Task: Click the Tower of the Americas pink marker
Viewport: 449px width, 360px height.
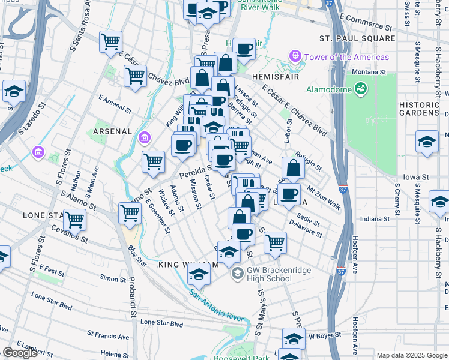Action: (x=295, y=57)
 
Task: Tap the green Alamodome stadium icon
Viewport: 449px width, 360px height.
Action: (x=360, y=90)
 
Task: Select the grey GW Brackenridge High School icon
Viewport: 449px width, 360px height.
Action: (x=238, y=274)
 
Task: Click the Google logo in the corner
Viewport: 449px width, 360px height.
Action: (x=20, y=353)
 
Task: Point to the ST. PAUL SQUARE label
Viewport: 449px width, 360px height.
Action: (x=357, y=38)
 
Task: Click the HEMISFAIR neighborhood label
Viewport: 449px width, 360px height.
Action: (x=274, y=77)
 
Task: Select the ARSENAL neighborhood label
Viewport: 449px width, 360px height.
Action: (x=112, y=131)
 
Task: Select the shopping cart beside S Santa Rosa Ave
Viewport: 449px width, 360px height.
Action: (x=110, y=42)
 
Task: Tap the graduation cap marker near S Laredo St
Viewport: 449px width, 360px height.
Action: (x=13, y=91)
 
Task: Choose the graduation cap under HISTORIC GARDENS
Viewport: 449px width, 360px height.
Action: (x=427, y=142)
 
